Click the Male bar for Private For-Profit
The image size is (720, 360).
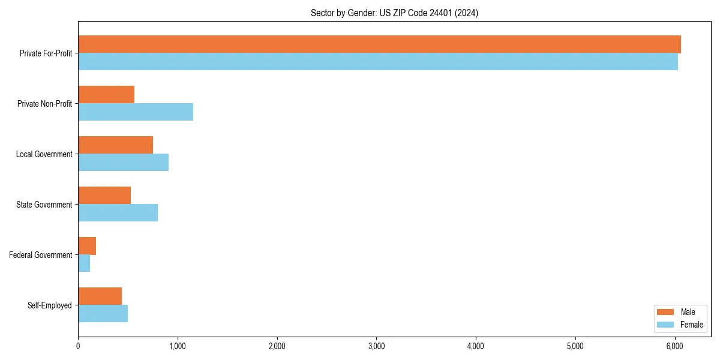[x=379, y=44]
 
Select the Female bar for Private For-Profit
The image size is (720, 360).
[x=378, y=62]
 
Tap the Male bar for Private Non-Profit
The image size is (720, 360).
[x=106, y=95]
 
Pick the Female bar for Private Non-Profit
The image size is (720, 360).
[x=136, y=112]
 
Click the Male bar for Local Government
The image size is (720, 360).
[x=115, y=145]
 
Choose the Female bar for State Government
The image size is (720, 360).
[x=118, y=213]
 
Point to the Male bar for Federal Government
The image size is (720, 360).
[x=87, y=246]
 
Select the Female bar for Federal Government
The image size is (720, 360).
[x=84, y=263]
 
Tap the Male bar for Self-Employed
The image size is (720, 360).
[x=100, y=296]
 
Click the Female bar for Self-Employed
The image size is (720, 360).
[x=103, y=314]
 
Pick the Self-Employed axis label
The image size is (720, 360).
[x=50, y=305]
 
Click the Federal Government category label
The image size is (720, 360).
[x=41, y=255]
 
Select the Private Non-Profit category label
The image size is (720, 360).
[x=44, y=104]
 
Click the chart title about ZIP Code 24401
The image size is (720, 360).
[x=394, y=13]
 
